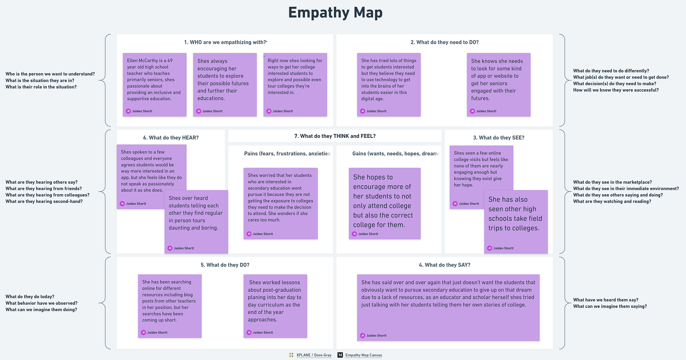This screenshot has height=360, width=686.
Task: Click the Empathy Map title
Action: tap(335, 13)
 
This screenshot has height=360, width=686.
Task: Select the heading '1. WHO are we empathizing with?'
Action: tap(225, 42)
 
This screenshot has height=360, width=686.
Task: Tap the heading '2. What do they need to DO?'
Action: tap(444, 42)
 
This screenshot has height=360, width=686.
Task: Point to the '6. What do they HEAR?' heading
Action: tap(171, 138)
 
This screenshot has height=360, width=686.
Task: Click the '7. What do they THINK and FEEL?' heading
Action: tap(335, 136)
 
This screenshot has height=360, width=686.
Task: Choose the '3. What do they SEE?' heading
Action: tap(499, 138)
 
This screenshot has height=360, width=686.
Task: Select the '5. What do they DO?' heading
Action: tap(225, 265)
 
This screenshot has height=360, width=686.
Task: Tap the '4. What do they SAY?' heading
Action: tap(444, 265)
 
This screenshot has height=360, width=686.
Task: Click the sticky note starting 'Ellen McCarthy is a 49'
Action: tap(155, 85)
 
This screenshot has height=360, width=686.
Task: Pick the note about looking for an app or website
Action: tap(498, 85)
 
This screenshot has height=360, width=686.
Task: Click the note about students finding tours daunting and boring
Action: tap(196, 222)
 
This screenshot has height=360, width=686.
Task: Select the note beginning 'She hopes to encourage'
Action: tap(385, 204)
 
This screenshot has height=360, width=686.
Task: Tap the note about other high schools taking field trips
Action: tap(516, 222)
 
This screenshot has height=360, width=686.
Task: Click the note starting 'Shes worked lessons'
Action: tap(275, 306)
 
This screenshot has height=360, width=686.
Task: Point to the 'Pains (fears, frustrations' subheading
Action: tap(287, 154)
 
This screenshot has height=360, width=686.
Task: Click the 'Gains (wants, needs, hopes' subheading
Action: tap(396, 154)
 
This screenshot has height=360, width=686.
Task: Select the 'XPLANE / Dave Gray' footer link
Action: tap(314, 355)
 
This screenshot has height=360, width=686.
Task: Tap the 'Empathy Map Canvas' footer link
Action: tap(363, 355)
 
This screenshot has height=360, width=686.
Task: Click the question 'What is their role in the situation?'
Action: tap(41, 87)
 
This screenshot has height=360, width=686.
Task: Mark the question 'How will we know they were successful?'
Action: tap(616, 90)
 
